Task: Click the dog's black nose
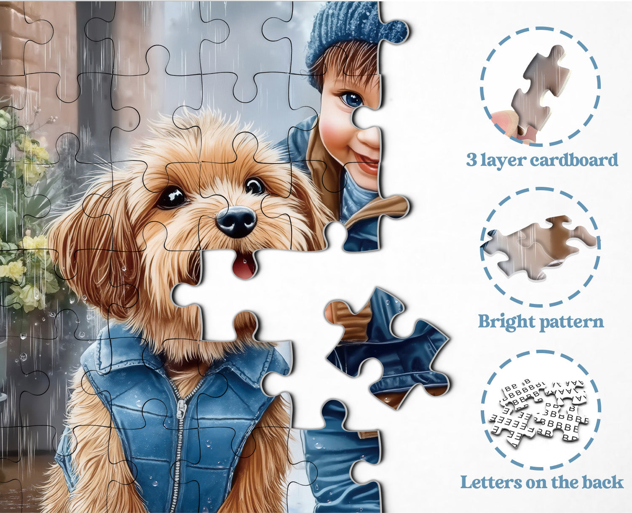(x=236, y=221)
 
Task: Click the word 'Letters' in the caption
(x=491, y=483)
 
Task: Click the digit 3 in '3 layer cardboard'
(x=471, y=160)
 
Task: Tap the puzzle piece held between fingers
(x=538, y=92)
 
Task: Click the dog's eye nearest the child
(x=254, y=186)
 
